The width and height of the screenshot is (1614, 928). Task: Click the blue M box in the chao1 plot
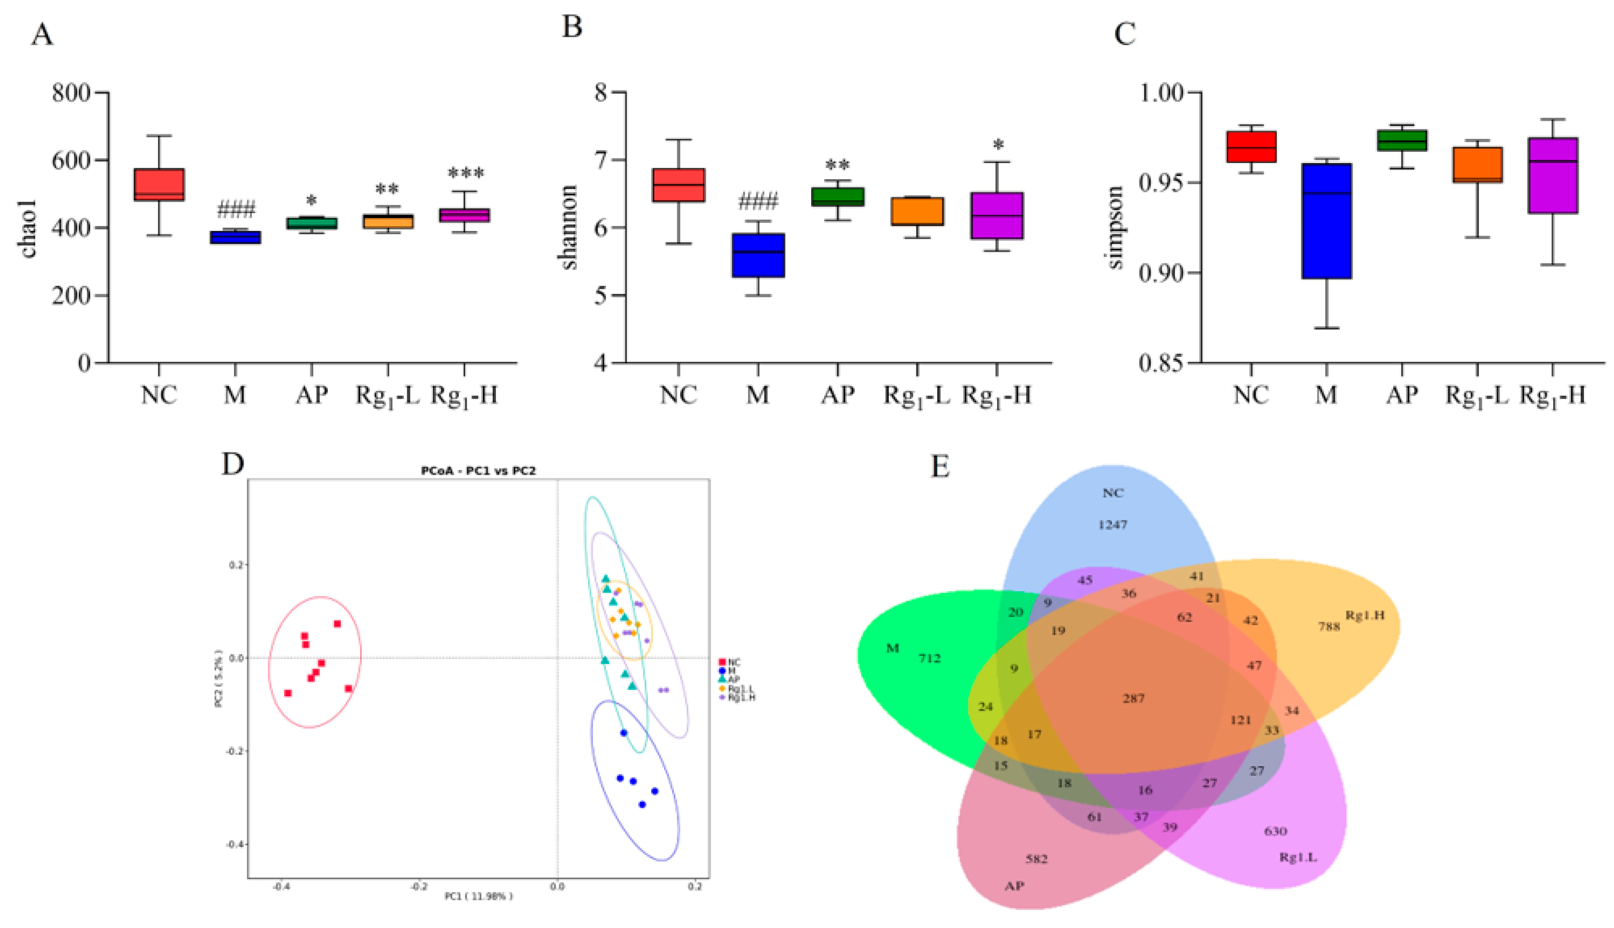tap(235, 237)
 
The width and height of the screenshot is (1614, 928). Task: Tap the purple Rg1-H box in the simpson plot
tap(1553, 175)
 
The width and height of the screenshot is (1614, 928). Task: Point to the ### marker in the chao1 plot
tap(236, 209)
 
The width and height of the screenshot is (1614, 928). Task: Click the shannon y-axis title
tap(569, 228)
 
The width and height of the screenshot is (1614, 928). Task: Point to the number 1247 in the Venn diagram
tap(1112, 525)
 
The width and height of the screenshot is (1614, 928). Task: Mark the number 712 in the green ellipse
tap(930, 658)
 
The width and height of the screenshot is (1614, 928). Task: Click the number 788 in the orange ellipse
tap(1329, 627)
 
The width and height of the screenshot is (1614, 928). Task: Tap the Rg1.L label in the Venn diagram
tap(1298, 857)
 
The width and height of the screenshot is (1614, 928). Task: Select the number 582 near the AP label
tap(1037, 859)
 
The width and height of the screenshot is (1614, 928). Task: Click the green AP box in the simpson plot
tap(1402, 140)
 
